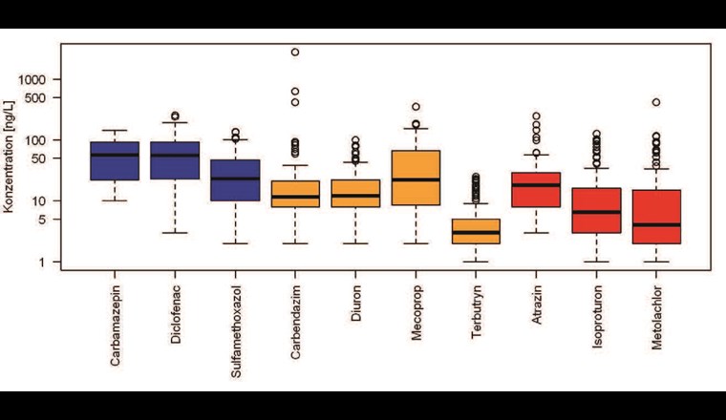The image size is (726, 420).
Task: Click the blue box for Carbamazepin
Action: pos(114,160)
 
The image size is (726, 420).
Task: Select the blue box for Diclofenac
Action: pos(175,160)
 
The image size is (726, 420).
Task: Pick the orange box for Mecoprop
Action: pos(416,178)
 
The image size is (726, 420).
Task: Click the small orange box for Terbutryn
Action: pos(476,231)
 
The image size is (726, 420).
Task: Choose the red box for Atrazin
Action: pos(536,190)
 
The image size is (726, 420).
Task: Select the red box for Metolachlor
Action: pos(656,217)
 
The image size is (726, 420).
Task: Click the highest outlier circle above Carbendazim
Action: pos(295,52)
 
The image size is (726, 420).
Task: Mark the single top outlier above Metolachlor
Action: pos(656,102)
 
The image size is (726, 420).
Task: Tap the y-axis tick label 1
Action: pos(54,262)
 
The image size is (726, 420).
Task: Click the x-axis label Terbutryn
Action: pos(477,310)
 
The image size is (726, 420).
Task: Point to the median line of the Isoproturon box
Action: pos(596,212)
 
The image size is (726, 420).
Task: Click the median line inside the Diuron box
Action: pos(355,195)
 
